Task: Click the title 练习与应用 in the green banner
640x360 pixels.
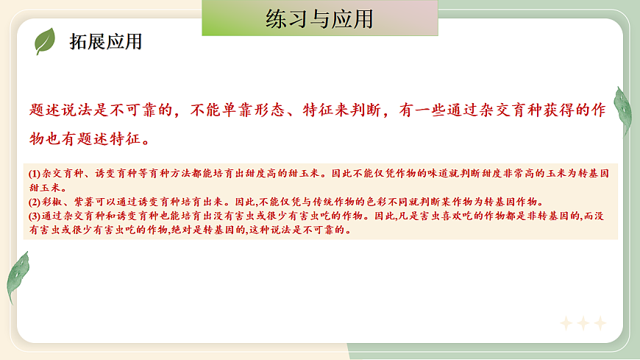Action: point(319,19)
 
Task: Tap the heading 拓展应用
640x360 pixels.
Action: point(105,42)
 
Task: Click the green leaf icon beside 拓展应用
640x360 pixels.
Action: point(45,41)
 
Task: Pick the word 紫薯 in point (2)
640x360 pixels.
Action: point(79,202)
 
